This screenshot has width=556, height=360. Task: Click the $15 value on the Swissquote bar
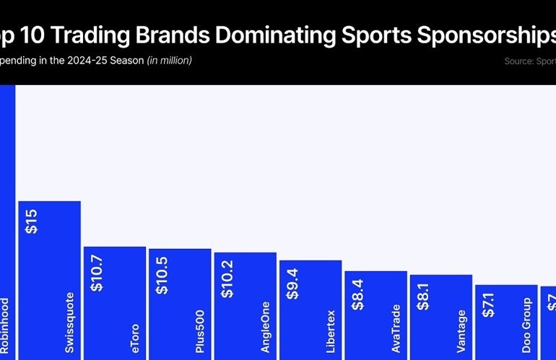pos(32,221)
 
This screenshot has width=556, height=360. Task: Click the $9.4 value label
pos(293,284)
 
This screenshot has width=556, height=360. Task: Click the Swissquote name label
pos(69,321)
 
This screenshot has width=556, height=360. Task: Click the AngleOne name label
pos(265,327)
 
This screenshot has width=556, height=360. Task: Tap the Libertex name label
pos(330,330)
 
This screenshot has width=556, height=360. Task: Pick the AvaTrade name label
pos(395,328)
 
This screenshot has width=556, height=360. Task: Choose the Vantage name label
pos(460,331)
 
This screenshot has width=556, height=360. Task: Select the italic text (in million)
pos(169,61)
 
